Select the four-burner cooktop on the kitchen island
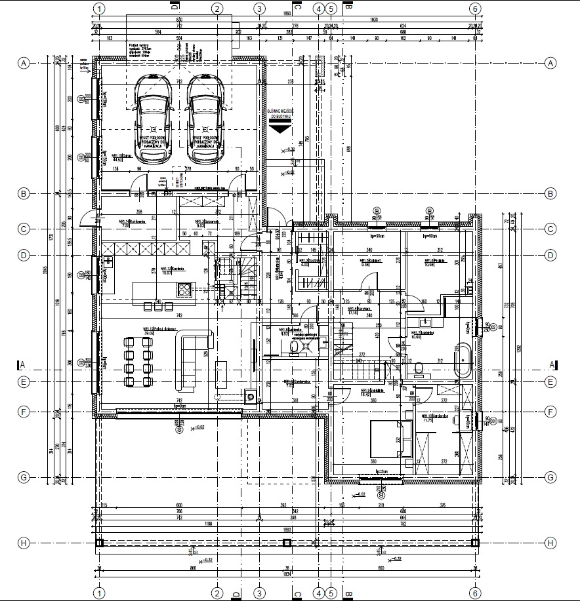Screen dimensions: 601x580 tap(184, 288)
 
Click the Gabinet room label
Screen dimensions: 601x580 tap(371, 261)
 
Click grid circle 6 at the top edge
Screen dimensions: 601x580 tap(476, 9)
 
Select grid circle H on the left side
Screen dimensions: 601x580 tap(24, 543)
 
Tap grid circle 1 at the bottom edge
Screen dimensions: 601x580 tap(98, 592)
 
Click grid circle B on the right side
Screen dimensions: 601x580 tap(550, 193)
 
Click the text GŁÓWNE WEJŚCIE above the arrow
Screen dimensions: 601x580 tap(280, 113)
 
